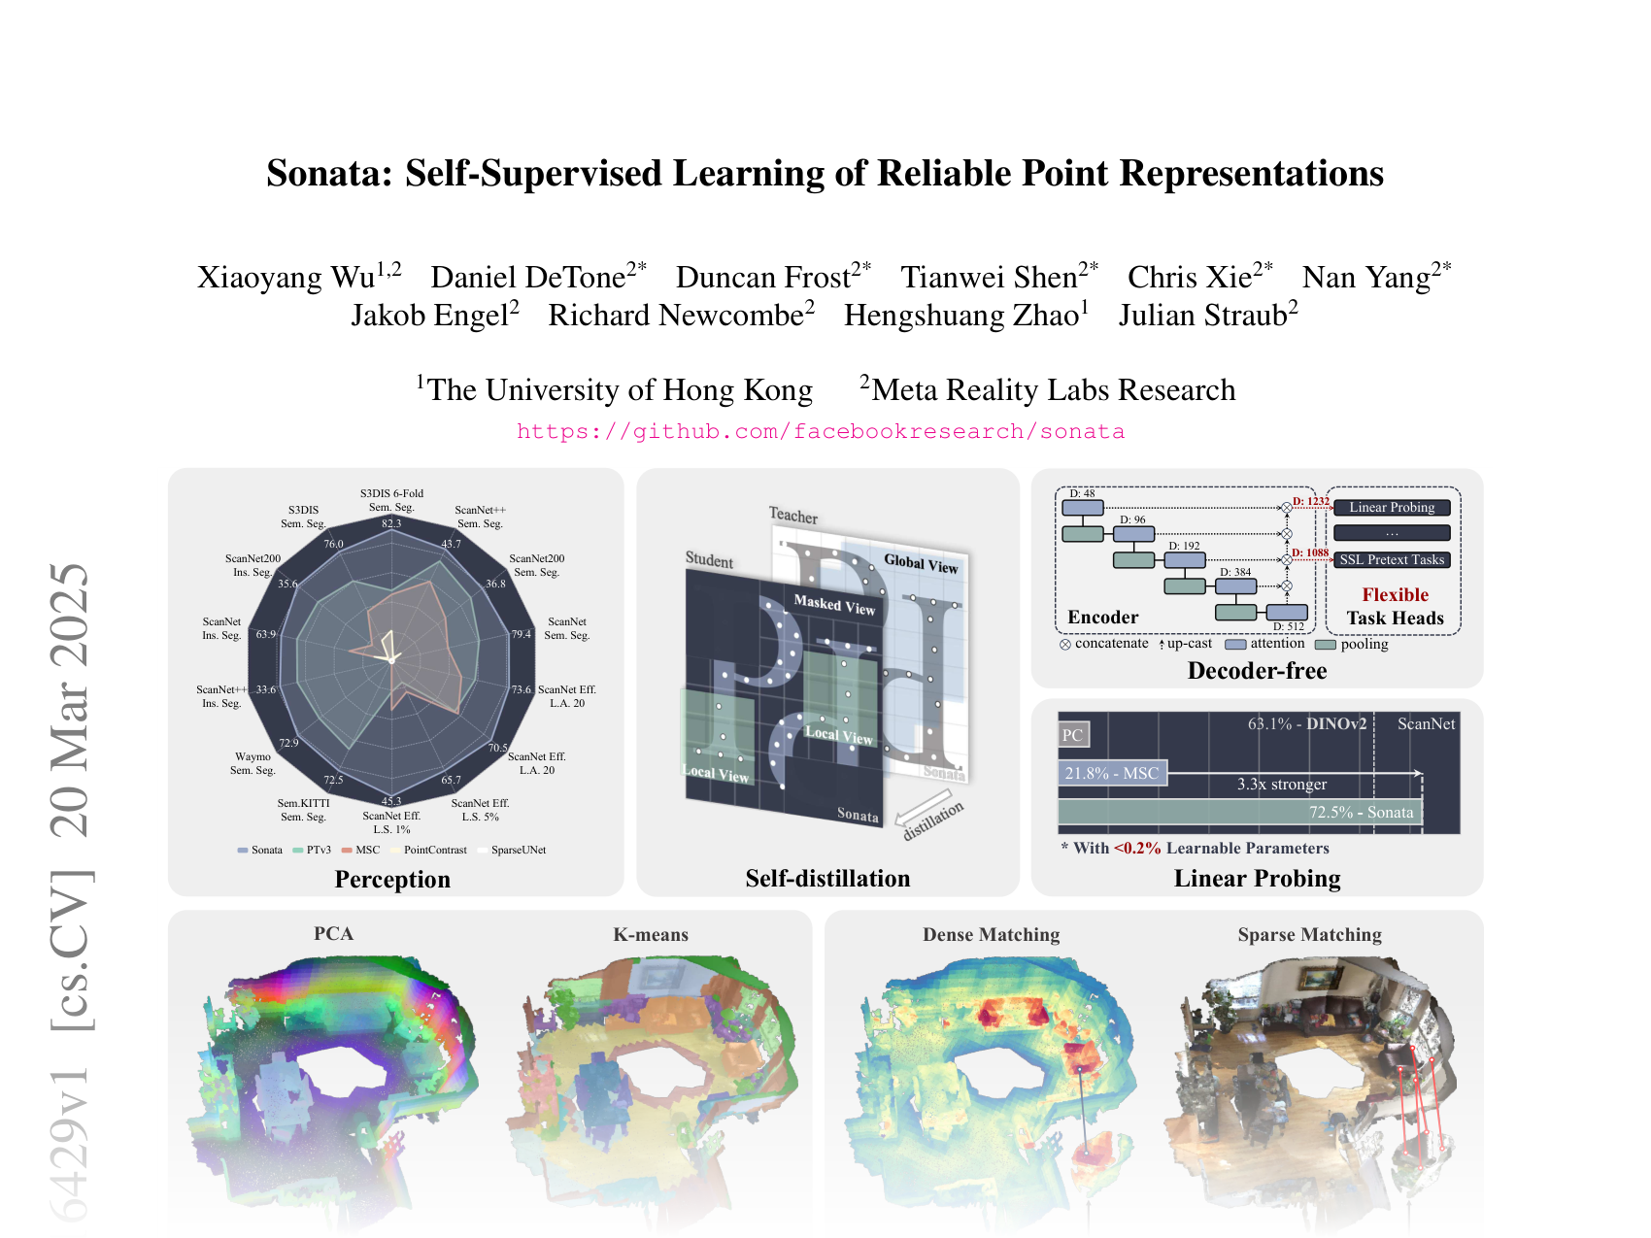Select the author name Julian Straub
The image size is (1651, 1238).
pyautogui.click(x=1202, y=316)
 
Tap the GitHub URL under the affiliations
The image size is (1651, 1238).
pyautogui.click(x=821, y=431)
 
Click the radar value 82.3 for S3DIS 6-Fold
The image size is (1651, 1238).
pyautogui.click(x=391, y=523)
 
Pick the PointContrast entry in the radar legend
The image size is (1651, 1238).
pyautogui.click(x=434, y=850)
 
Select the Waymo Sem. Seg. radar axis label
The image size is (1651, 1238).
pyautogui.click(x=253, y=763)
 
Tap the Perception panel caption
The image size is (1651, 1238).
pyautogui.click(x=392, y=880)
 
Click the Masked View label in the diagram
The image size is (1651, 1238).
pyautogui.click(x=834, y=605)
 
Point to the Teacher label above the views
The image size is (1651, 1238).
pyautogui.click(x=793, y=516)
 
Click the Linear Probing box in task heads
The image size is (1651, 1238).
pyautogui.click(x=1392, y=508)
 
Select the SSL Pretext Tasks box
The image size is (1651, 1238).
pyautogui.click(x=1392, y=560)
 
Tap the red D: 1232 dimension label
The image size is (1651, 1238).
pyautogui.click(x=1311, y=502)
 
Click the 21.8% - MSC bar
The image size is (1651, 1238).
pyautogui.click(x=1112, y=773)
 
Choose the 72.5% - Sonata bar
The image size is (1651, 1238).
pyautogui.click(x=1239, y=812)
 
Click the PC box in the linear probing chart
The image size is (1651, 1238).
pyautogui.click(x=1073, y=735)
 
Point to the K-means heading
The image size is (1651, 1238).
pyautogui.click(x=651, y=935)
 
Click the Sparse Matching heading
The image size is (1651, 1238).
pyautogui.click(x=1309, y=935)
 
